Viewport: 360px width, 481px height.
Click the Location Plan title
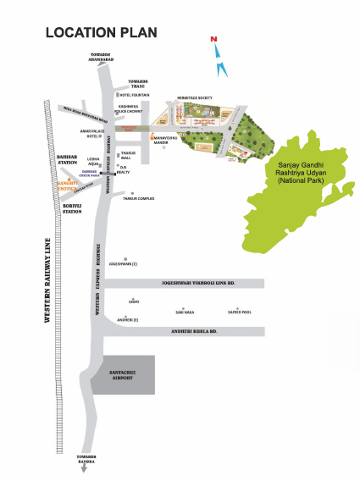pos(101,32)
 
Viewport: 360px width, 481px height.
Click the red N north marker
pos(215,40)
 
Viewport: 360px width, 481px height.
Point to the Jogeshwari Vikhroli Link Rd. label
pos(191,284)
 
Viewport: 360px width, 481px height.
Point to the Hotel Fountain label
pos(134,96)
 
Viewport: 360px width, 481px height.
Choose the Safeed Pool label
pos(240,312)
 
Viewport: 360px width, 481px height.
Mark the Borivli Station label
pos(72,207)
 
